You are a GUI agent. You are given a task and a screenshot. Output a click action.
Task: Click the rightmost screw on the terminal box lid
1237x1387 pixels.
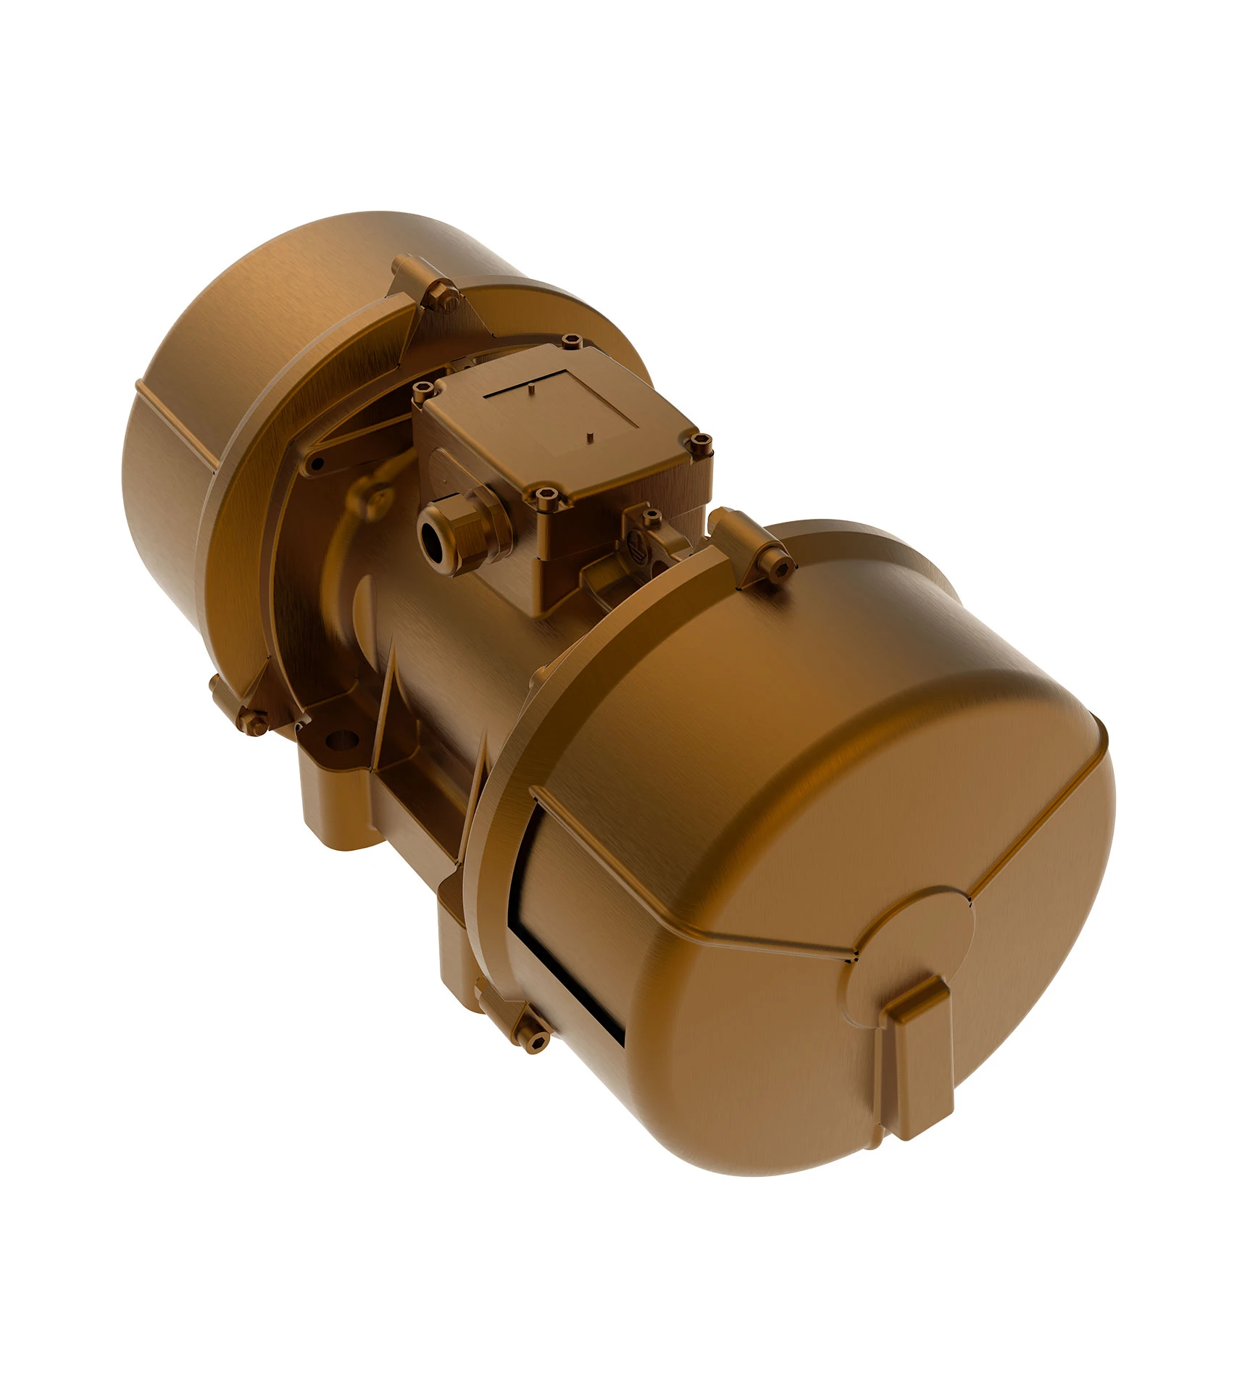point(699,441)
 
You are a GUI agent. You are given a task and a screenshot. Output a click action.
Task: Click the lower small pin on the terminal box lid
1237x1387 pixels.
point(591,435)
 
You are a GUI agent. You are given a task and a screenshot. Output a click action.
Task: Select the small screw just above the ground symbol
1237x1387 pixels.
point(651,516)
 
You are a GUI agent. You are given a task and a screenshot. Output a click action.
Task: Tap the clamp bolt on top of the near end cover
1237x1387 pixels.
point(779,569)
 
